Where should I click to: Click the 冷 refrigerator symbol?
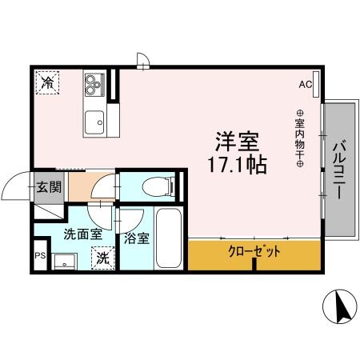click(x=48, y=83)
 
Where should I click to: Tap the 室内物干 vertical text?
click(x=300, y=138)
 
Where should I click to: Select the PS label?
click(x=39, y=257)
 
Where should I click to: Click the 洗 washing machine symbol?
click(x=102, y=258)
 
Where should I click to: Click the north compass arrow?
click(x=339, y=306)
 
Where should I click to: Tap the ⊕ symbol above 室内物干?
click(x=300, y=113)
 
